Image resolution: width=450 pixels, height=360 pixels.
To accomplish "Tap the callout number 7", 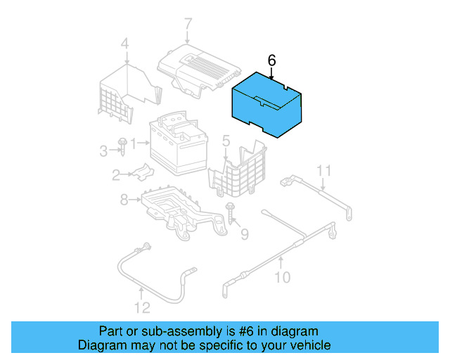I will (x=188, y=25).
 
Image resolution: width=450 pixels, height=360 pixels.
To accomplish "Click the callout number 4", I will (x=124, y=46).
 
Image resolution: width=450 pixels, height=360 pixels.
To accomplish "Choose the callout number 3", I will (x=103, y=150).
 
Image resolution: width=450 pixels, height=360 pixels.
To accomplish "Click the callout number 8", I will (x=124, y=200).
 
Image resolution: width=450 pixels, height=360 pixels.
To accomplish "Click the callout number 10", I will (x=281, y=277).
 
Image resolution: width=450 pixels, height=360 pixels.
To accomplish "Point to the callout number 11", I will (x=323, y=171).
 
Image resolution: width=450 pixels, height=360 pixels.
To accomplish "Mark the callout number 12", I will (x=142, y=307).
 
